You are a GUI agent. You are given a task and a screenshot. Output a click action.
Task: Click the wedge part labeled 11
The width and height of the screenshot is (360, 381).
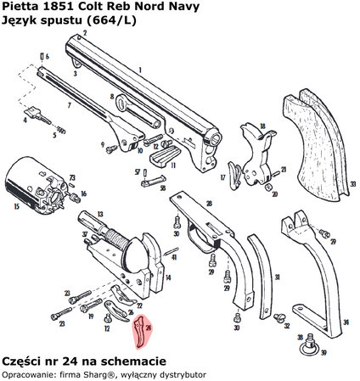[x=163, y=157]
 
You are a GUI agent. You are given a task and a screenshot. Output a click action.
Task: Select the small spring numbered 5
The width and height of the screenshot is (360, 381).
[x=59, y=131]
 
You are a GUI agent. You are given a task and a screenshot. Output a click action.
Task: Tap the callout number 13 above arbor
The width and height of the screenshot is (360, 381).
[x=101, y=216]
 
